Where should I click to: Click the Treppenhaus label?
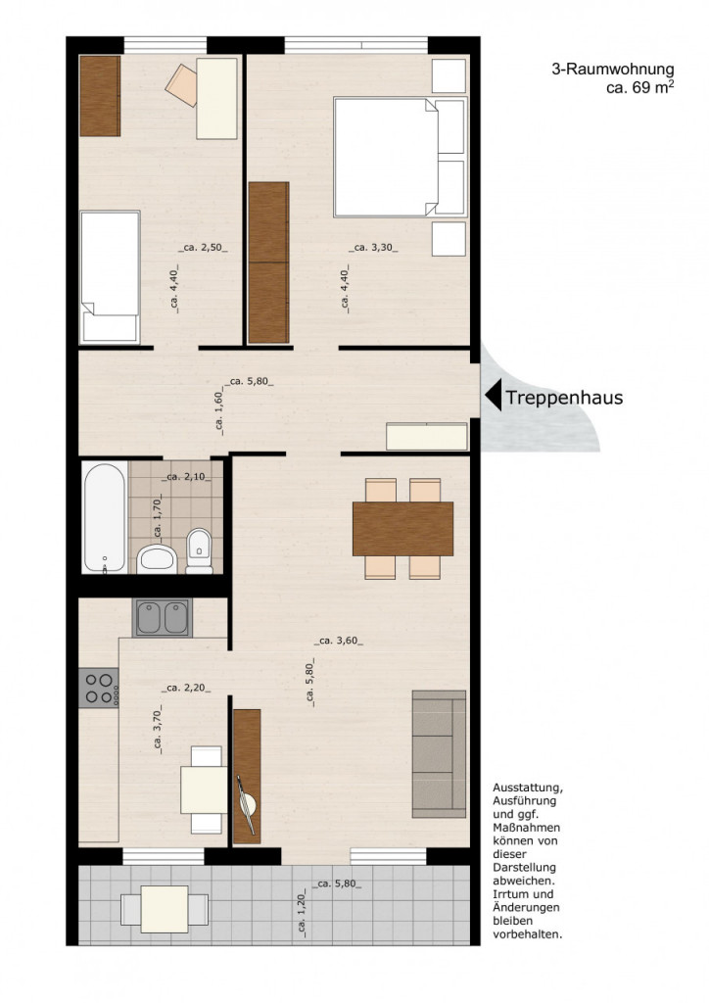pyautogui.click(x=564, y=398)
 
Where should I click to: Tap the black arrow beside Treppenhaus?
pyautogui.click(x=493, y=398)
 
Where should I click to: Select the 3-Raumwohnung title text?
pyautogui.click(x=612, y=70)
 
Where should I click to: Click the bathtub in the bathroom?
pyautogui.click(x=104, y=517)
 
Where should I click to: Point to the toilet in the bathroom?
pyautogui.click(x=200, y=550)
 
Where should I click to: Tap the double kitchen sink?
pyautogui.click(x=163, y=618)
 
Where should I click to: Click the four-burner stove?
pyautogui.click(x=99, y=688)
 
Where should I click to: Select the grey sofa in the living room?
pyautogui.click(x=439, y=754)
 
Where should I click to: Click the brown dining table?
pyautogui.click(x=402, y=529)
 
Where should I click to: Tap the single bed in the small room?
pyautogui.click(x=110, y=277)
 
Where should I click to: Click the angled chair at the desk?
pyautogui.click(x=182, y=84)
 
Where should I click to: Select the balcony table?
pyautogui.click(x=165, y=909)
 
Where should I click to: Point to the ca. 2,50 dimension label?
pyautogui.click(x=204, y=248)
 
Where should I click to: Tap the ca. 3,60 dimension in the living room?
pyautogui.click(x=339, y=641)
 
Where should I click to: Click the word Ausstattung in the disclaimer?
pyautogui.click(x=528, y=788)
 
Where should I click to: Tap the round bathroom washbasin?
pyautogui.click(x=156, y=559)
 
